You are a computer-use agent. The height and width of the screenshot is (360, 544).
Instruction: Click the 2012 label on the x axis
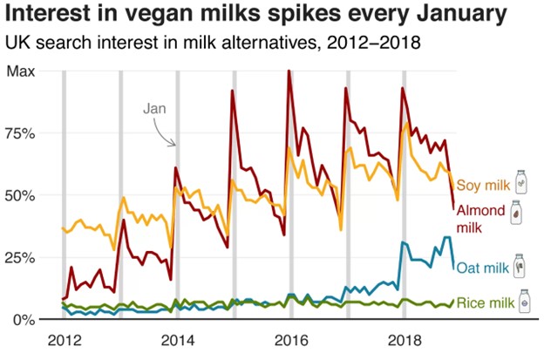[63, 338]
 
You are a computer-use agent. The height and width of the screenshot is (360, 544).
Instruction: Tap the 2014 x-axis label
[177, 338]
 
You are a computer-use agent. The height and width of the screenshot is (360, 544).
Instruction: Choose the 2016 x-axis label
[290, 338]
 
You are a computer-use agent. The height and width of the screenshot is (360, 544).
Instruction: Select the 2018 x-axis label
[404, 338]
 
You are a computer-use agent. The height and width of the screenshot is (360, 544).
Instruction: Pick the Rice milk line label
[485, 302]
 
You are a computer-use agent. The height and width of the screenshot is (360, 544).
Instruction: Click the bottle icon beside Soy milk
[520, 182]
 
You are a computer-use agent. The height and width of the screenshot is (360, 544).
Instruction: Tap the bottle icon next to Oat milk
[520, 264]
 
